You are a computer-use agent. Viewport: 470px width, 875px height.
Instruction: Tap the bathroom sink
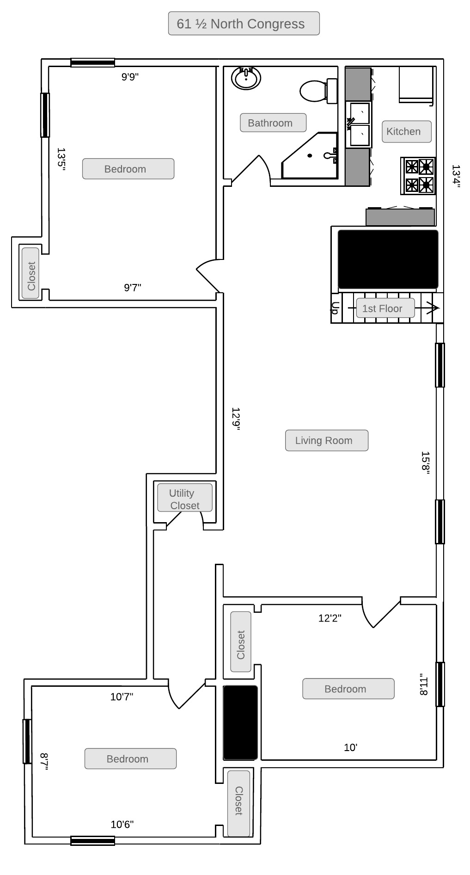246,78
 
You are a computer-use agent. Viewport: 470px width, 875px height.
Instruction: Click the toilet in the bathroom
319,91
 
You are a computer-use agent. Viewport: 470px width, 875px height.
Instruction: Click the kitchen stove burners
418,176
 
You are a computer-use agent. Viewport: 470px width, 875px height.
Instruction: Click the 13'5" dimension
61,160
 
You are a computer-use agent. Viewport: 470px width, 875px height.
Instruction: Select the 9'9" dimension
130,77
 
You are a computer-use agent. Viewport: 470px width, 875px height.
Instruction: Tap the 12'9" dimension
236,419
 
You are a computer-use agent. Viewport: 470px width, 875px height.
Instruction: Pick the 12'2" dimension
330,618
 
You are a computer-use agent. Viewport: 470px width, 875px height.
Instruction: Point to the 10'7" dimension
122,696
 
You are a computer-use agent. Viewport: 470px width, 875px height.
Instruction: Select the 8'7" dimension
44,761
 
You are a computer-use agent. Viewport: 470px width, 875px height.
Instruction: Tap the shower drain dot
310,156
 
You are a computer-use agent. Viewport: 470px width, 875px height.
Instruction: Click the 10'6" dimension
122,824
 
